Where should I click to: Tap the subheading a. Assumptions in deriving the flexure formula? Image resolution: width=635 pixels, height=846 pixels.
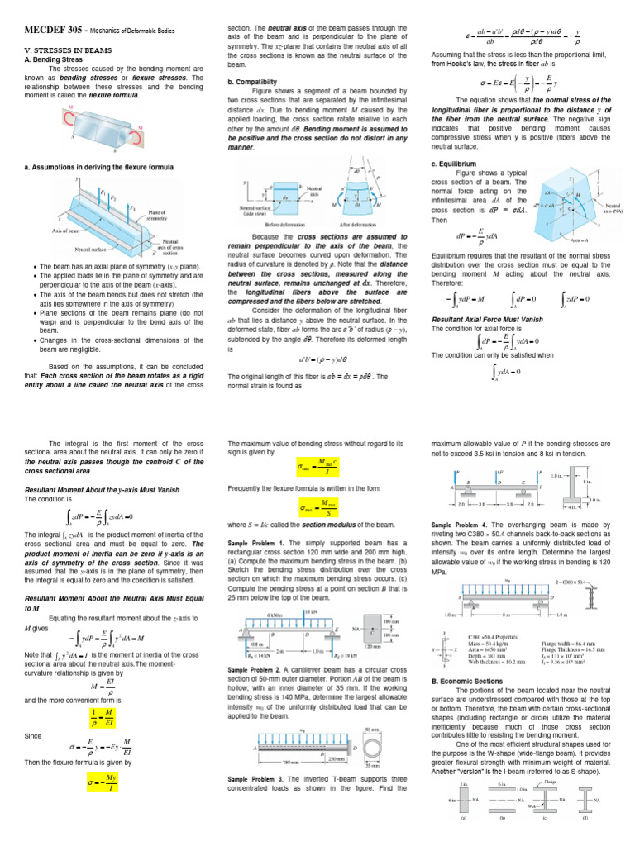point(99,167)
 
